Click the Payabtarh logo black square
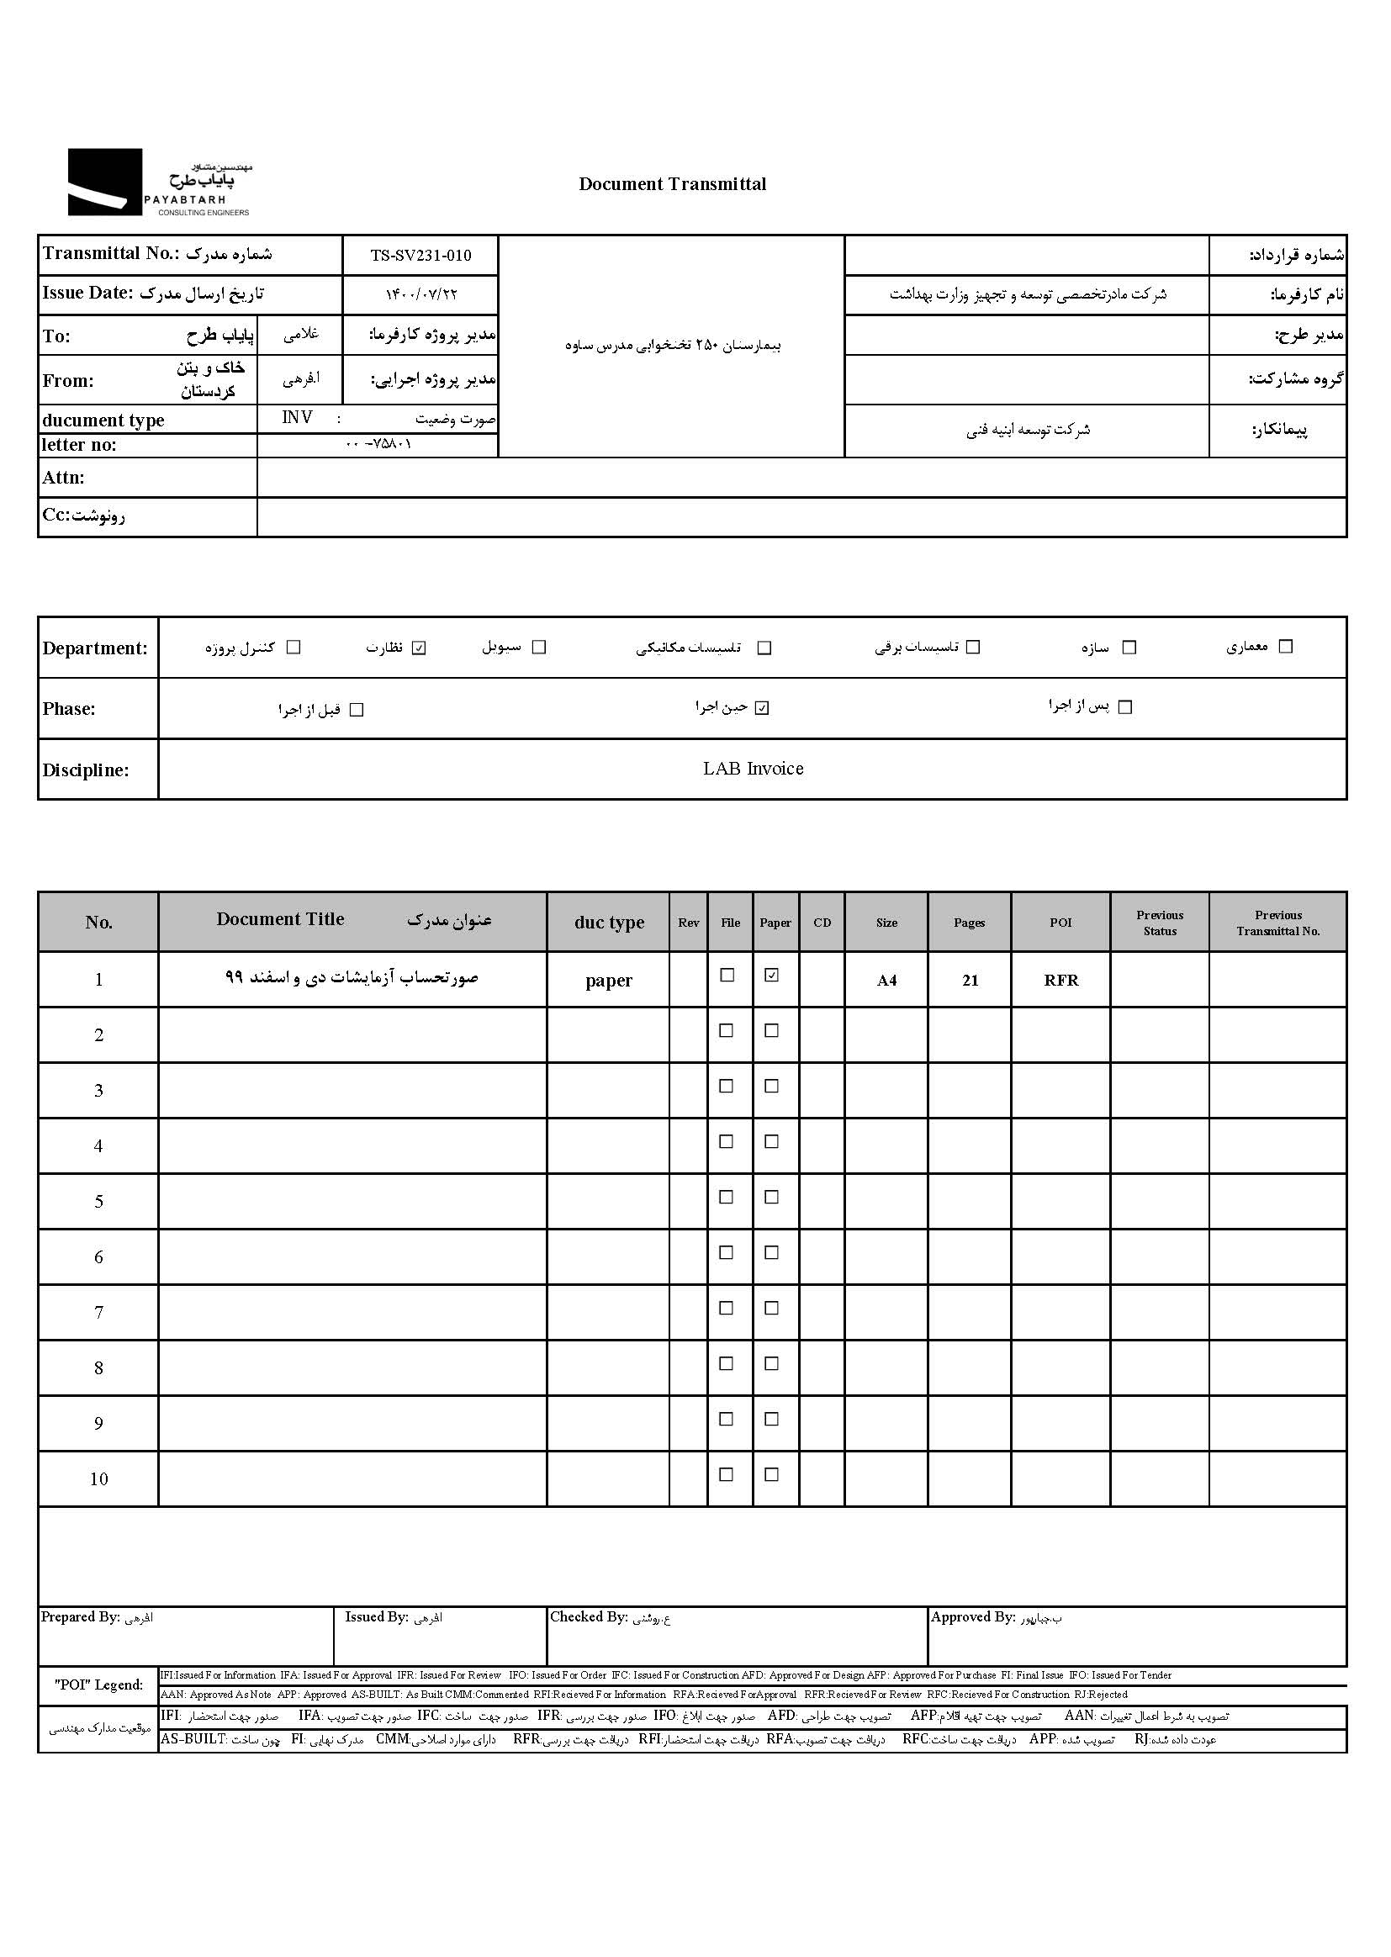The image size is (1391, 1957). pyautogui.click(x=104, y=182)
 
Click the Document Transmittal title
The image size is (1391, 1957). pyautogui.click(x=673, y=184)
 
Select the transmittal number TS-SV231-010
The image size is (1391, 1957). pyautogui.click(x=420, y=255)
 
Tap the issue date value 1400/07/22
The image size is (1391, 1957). pyautogui.click(x=420, y=294)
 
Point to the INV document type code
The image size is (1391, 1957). pyautogui.click(x=297, y=418)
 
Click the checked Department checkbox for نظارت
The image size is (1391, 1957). pyautogui.click(x=419, y=648)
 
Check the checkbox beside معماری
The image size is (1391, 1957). pyautogui.click(x=1285, y=647)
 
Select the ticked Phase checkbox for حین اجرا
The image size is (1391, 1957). pyautogui.click(x=762, y=708)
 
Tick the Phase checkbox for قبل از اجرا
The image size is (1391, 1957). pyautogui.click(x=357, y=710)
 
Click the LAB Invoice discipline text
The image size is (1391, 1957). pyautogui.click(x=753, y=770)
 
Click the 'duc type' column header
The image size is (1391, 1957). pyautogui.click(x=609, y=923)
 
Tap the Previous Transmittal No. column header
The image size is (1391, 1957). pyautogui.click(x=1278, y=923)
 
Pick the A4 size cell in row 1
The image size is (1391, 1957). pyautogui.click(x=886, y=981)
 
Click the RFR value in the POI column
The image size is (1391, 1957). pyautogui.click(x=1060, y=981)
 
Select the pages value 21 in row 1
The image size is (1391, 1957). pyautogui.click(x=970, y=981)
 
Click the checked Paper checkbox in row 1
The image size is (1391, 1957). pyautogui.click(x=772, y=976)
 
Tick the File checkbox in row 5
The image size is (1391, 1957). pyautogui.click(x=727, y=1198)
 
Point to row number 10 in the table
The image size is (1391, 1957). pyautogui.click(x=98, y=1479)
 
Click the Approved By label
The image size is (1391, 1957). pyautogui.click(x=973, y=1618)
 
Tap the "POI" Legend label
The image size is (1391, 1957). pyautogui.click(x=98, y=1685)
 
